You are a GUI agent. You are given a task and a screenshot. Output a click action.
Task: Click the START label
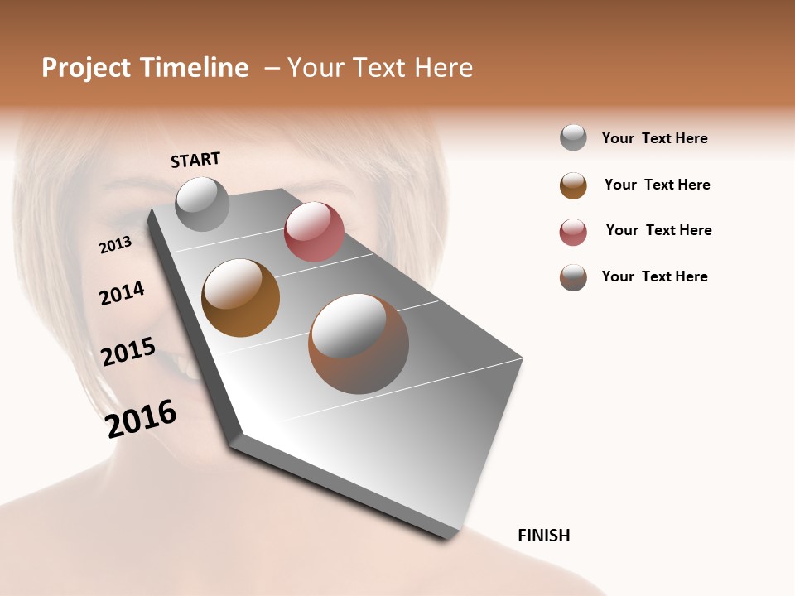pos(195,160)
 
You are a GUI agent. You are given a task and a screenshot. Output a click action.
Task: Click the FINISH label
pos(543,536)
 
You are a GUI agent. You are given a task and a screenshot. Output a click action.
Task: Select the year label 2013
pos(116,244)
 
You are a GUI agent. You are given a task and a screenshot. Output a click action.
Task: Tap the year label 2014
pos(122,293)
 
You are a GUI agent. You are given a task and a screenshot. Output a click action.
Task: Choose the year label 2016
pos(141,419)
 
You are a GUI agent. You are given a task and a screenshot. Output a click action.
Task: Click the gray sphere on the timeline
pos(202,204)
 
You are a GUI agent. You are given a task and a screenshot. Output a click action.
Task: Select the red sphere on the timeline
pos(314,232)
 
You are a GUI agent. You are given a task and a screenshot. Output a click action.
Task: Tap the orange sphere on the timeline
pos(241,298)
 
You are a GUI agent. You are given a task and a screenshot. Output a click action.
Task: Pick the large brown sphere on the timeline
pos(359,344)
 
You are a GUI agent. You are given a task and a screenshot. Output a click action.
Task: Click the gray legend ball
pos(573,138)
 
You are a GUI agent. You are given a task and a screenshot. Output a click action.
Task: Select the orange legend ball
pos(573,185)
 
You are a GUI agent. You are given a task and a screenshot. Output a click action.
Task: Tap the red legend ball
pos(573,232)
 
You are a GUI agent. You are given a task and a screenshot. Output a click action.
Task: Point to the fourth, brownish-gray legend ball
pos(573,277)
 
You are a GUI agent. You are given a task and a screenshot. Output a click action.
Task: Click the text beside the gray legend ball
pos(654,138)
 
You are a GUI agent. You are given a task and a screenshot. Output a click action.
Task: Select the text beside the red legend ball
pos(658,230)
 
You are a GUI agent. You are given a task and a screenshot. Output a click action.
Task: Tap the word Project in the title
pos(87,68)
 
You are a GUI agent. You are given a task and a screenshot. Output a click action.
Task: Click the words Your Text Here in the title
pos(380,68)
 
